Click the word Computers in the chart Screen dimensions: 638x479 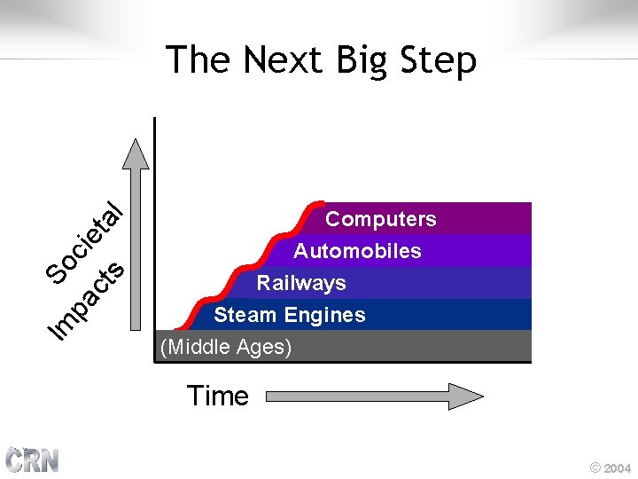click(380, 219)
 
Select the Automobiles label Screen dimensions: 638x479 click(357, 251)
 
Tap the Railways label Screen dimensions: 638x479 click(301, 283)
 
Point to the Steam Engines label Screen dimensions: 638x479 click(289, 315)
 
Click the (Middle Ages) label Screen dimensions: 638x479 click(226, 347)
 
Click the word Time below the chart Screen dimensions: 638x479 click(218, 396)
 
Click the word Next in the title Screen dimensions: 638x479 click(283, 60)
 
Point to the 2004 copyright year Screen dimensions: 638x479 click(618, 467)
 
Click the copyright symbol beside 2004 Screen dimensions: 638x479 click(595, 467)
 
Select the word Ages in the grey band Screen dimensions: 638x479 click(266, 347)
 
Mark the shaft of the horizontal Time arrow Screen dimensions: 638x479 click(354, 397)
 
